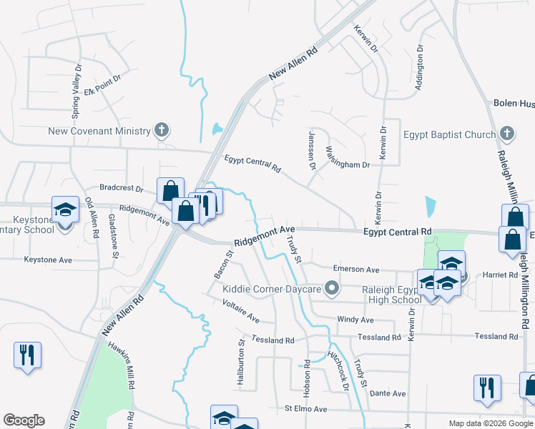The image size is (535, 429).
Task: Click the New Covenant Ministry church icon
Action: (x=162, y=130)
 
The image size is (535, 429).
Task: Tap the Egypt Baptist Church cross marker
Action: (x=507, y=134)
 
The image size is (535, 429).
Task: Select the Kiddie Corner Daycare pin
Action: (x=331, y=289)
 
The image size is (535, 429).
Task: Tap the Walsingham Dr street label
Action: (x=348, y=158)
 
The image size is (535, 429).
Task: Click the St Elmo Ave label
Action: (x=305, y=409)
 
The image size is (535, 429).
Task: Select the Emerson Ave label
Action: (x=356, y=270)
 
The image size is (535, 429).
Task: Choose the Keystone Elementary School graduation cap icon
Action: (x=65, y=210)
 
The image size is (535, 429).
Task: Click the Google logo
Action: (x=24, y=420)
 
